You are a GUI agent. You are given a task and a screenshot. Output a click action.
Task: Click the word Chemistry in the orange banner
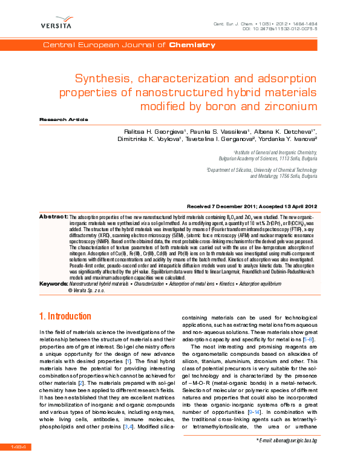pyautogui.click(x=192, y=45)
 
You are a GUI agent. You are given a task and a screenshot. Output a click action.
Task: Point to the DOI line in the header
pyautogui.click(x=280, y=28)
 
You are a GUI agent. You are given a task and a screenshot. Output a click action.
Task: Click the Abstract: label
pyautogui.click(x=53, y=216)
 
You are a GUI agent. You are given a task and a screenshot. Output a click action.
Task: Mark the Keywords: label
pyautogui.click(x=53, y=283)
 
